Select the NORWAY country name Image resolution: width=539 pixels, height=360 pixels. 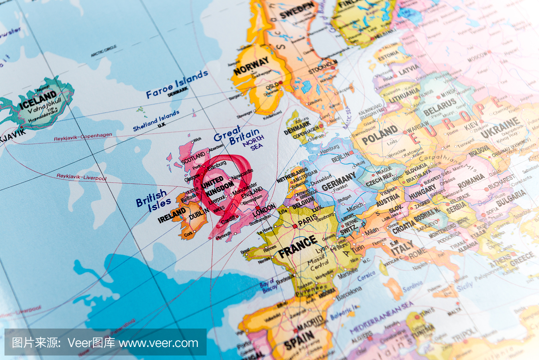pyautogui.click(x=251, y=66)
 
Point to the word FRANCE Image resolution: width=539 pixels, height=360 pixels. pyautogui.click(x=297, y=247)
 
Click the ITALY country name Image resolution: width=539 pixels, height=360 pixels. pyautogui.click(x=402, y=248)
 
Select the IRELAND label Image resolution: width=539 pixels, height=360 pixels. pyautogui.click(x=172, y=216)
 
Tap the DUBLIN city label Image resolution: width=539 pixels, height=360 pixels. pyautogui.click(x=199, y=216)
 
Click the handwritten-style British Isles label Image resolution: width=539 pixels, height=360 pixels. pyautogui.click(x=151, y=201)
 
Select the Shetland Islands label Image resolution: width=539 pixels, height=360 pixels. pyautogui.click(x=156, y=121)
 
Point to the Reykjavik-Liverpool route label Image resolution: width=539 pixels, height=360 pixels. pyautogui.click(x=81, y=177)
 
